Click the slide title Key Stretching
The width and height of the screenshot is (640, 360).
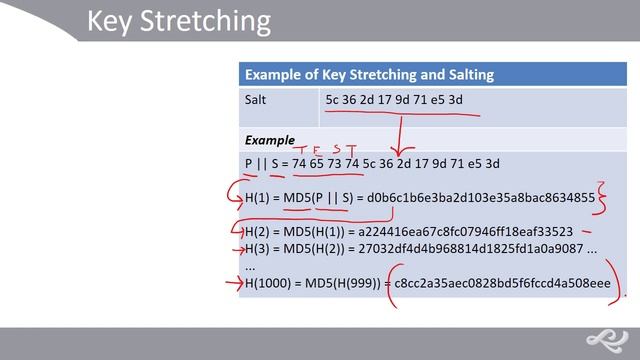click(x=178, y=21)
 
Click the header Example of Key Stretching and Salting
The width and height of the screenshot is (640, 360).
click(x=369, y=74)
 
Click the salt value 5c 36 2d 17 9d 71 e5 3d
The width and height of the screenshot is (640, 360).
click(x=394, y=100)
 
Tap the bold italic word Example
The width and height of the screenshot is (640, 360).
click(x=269, y=140)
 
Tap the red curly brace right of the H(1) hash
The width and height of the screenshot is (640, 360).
click(x=602, y=197)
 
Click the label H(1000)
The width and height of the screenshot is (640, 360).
click(x=268, y=284)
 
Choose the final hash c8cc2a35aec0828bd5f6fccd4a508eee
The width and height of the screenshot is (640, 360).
click(x=502, y=284)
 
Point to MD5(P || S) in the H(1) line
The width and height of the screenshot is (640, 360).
click(x=319, y=198)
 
